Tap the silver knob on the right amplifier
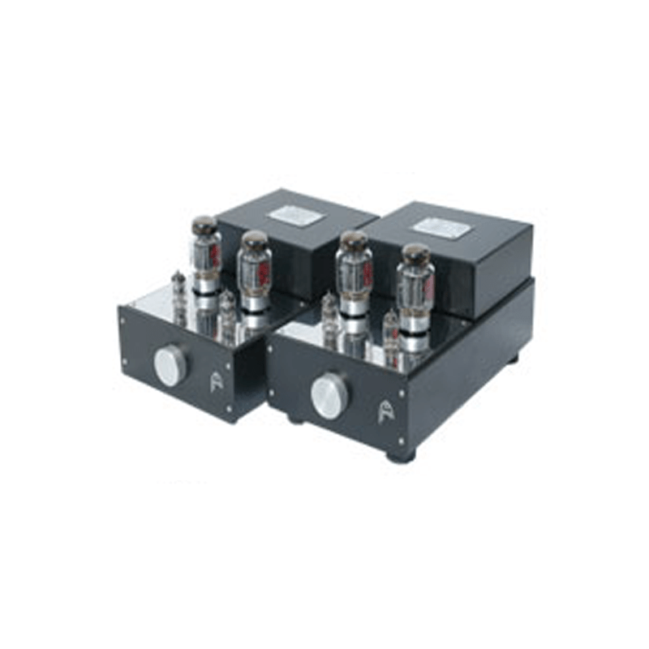[329, 397]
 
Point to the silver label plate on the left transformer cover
[291, 215]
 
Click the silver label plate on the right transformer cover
[442, 228]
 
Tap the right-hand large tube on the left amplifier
[255, 272]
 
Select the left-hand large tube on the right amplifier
[355, 273]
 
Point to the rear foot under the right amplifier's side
[512, 358]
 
